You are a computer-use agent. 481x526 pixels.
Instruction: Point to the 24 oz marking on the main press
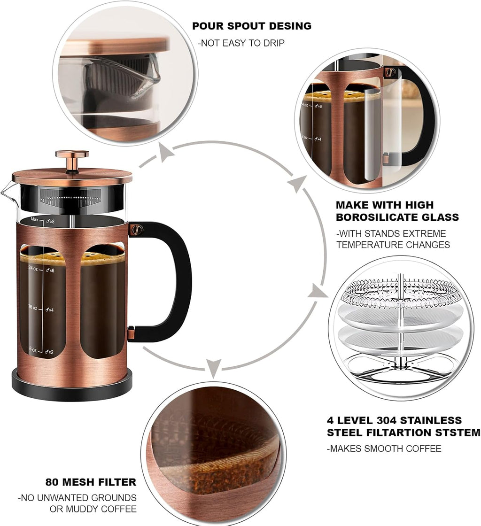[x=33, y=269]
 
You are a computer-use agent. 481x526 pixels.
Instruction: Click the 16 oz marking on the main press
[x=33, y=308]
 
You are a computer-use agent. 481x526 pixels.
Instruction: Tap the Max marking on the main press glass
[x=34, y=219]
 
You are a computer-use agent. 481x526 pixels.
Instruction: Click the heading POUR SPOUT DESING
[x=252, y=26]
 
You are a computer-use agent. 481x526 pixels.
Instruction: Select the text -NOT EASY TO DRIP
[x=241, y=43]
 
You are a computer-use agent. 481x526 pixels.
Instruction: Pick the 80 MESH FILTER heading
[x=91, y=482]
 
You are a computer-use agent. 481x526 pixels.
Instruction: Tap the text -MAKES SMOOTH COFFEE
[x=384, y=449]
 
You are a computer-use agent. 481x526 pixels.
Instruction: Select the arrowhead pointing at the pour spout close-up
[x=165, y=152]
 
